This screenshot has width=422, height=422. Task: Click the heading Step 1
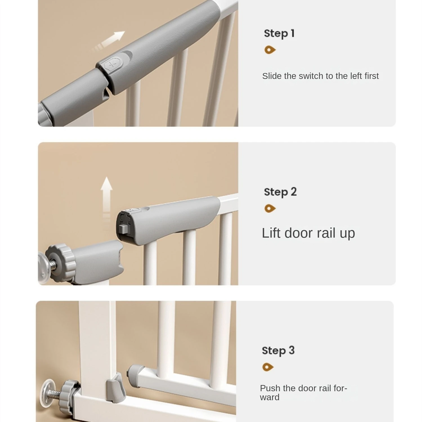(x=279, y=33)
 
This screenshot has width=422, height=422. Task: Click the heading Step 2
(x=280, y=192)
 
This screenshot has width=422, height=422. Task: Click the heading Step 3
(x=278, y=351)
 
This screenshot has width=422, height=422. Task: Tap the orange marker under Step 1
(x=270, y=50)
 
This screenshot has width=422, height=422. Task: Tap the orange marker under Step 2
(x=270, y=208)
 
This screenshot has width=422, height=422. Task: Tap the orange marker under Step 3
(x=268, y=367)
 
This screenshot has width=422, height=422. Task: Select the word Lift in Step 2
(x=272, y=233)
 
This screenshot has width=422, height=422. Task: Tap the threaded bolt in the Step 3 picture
(x=55, y=392)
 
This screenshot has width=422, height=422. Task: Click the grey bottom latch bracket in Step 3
(x=116, y=388)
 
